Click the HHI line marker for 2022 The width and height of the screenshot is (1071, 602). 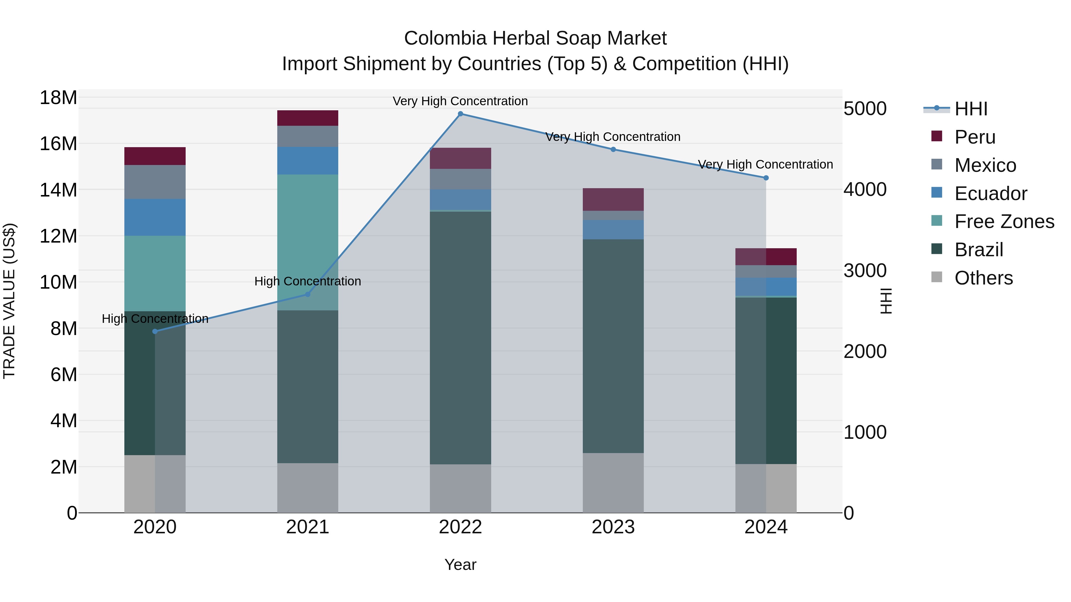460,114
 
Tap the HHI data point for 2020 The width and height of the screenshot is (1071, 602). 155,331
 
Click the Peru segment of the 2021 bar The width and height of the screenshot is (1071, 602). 308,118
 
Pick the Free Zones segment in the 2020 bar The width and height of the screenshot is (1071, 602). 155,274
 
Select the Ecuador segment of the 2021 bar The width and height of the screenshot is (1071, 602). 308,161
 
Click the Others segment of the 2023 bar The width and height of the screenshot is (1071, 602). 613,483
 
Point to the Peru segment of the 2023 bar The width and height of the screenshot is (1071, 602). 613,199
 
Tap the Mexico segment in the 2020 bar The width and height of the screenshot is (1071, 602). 155,182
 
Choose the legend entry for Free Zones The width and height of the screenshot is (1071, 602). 1004,221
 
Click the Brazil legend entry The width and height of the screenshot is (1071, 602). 979,250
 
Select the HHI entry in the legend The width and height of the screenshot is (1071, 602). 970,109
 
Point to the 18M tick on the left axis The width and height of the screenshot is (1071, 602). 58,98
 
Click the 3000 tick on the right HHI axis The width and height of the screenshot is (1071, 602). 865,271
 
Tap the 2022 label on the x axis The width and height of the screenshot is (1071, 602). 460,527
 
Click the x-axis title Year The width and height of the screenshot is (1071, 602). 460,565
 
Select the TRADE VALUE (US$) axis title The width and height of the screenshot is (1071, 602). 9,301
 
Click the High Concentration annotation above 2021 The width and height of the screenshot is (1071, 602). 308,281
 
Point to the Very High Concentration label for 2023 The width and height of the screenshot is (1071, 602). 613,137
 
